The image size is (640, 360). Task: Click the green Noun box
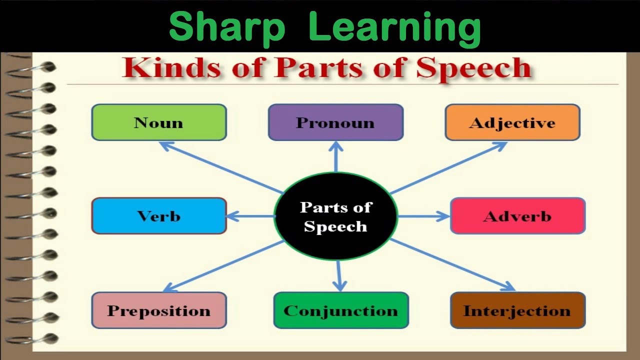[x=159, y=122]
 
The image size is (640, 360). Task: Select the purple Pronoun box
[x=335, y=122]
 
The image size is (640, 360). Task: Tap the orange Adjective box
[x=512, y=122]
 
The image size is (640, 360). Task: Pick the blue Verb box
[x=159, y=215]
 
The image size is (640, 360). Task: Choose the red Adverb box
[x=517, y=215]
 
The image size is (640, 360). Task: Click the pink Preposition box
[x=159, y=310]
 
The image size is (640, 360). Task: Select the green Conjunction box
[x=341, y=310]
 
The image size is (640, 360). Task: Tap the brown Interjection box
[x=517, y=310]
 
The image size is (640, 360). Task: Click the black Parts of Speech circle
[x=335, y=216]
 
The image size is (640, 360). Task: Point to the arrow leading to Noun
[x=221, y=167]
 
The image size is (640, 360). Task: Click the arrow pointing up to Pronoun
[x=336, y=156]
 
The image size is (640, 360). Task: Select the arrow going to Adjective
[x=448, y=167]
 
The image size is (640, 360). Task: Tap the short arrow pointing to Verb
[x=251, y=216]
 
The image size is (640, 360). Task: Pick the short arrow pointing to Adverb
[x=423, y=216]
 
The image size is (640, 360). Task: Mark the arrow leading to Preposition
[x=223, y=266]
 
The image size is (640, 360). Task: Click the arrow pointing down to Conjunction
[x=339, y=276]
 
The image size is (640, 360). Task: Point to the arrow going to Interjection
[x=453, y=265]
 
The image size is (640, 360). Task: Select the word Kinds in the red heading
[x=171, y=67]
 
